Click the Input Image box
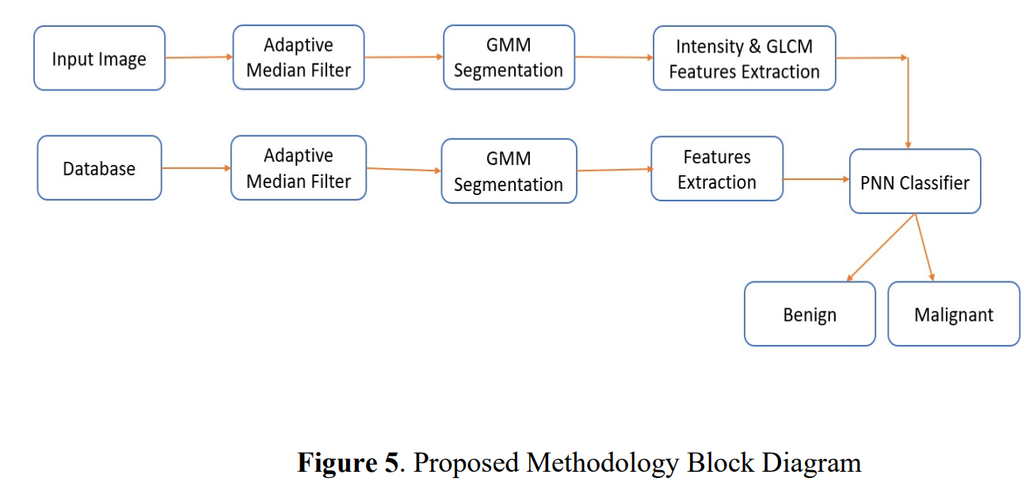click(x=99, y=58)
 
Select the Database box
click(x=99, y=168)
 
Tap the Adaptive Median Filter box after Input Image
click(x=298, y=57)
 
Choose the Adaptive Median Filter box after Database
click(x=298, y=168)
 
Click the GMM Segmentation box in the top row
click(x=509, y=57)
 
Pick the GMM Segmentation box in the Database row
click(x=509, y=171)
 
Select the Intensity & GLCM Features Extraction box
click(x=744, y=58)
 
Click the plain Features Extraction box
click(x=716, y=169)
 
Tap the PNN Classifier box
click(x=915, y=182)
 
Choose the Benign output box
click(x=810, y=314)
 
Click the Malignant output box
click(x=953, y=314)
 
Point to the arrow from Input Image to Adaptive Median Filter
click(x=199, y=57)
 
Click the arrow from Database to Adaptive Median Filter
click(x=196, y=168)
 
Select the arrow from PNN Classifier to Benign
click(x=881, y=247)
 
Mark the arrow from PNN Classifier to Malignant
click(x=924, y=247)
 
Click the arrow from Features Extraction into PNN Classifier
click(x=816, y=179)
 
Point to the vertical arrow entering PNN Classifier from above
click(x=908, y=103)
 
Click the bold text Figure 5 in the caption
click(x=347, y=461)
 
